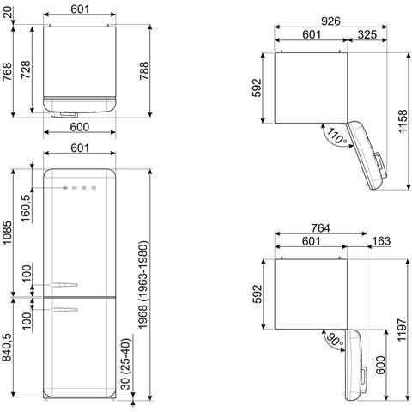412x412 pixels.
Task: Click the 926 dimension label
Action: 330,21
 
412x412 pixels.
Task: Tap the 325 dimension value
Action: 367,34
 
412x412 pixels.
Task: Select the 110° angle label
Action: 337,136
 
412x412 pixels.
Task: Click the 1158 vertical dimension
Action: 403,121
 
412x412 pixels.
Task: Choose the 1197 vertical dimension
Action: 402,330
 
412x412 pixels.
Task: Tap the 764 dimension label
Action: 320,228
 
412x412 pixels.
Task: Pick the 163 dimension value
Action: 381,241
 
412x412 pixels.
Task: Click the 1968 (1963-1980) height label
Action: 142,285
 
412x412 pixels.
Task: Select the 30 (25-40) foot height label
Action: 126,364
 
